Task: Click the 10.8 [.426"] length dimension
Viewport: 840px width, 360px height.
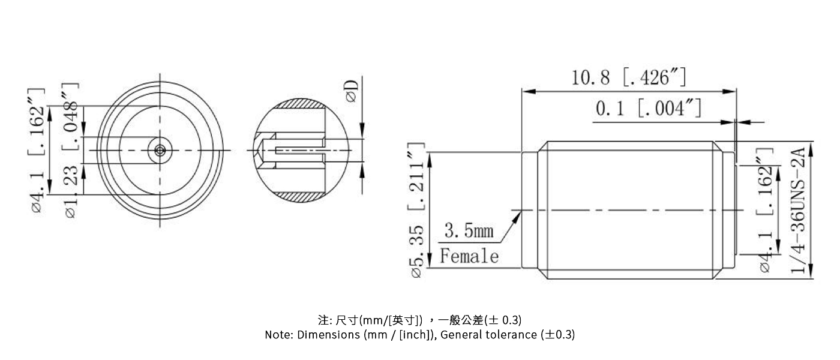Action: point(629,77)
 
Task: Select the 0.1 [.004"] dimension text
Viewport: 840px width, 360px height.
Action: point(648,109)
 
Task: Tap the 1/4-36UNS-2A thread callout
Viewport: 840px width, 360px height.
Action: point(798,211)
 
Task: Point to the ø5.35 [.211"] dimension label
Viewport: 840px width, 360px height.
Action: point(418,211)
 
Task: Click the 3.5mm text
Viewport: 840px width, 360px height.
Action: point(469,230)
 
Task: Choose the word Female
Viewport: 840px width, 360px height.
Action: point(469,257)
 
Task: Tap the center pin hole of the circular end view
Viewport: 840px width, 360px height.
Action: point(160,150)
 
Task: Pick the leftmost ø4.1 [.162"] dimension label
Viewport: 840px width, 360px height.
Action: point(37,150)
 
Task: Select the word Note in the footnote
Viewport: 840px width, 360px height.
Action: point(278,335)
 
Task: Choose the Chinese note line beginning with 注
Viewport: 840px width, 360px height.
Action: point(419,319)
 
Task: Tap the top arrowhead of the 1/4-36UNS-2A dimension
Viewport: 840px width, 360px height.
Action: point(811,145)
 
